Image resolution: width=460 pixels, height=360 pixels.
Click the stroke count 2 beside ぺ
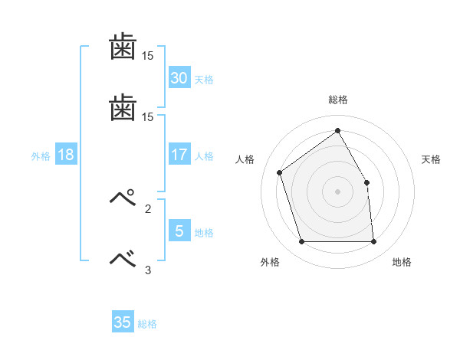148,208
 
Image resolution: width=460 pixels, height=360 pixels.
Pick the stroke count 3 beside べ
148,270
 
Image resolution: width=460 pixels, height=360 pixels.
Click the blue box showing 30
179,78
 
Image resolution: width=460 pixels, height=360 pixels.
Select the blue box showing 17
179,155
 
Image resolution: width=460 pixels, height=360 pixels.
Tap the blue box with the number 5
179,231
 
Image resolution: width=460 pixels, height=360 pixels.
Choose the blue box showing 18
65,155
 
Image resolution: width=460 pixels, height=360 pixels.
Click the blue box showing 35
123,322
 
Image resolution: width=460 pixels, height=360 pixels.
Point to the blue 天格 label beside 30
204,80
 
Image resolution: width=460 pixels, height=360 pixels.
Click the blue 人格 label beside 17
204,156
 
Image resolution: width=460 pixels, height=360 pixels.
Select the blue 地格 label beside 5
204,232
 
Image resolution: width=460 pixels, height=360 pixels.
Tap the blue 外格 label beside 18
41,156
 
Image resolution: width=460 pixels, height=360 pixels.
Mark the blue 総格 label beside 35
147,324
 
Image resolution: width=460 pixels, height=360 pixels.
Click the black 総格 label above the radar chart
337,100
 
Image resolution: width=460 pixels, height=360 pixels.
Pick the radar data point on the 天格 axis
366,182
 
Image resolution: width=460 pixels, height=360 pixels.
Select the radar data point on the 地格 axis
373,242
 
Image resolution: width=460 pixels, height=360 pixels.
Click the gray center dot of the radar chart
337,191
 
